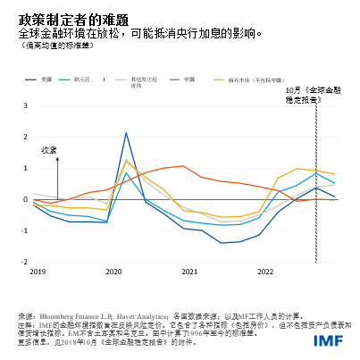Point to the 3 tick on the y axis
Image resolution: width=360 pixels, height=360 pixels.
click(x=25, y=106)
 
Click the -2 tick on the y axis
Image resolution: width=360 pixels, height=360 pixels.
click(x=24, y=263)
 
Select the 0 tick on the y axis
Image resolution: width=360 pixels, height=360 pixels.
click(x=25, y=200)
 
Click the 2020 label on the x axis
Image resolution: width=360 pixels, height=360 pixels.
click(x=114, y=270)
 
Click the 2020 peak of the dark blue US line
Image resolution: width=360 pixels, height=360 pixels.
click(x=126, y=133)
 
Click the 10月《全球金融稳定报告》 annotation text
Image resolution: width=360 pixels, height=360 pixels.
click(x=314, y=95)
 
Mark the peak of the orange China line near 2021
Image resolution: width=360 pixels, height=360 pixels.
click(x=183, y=166)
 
